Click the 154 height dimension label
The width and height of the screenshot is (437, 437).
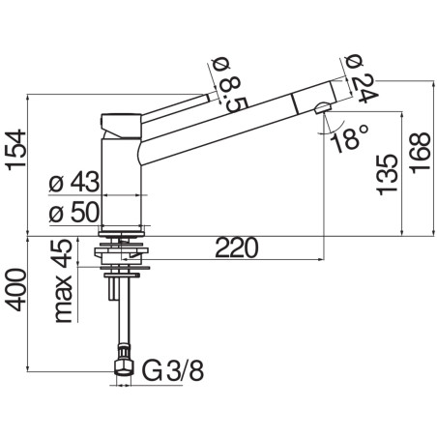(16, 150)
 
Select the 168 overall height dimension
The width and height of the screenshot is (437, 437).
(420, 153)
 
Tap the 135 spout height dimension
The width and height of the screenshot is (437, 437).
(387, 174)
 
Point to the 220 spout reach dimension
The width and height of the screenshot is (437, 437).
(237, 248)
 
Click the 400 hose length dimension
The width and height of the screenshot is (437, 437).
(16, 289)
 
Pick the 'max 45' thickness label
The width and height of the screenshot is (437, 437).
(63, 280)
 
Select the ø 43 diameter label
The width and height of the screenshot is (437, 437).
(73, 182)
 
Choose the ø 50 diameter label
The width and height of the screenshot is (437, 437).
(73, 213)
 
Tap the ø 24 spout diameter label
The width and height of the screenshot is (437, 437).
(361, 79)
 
